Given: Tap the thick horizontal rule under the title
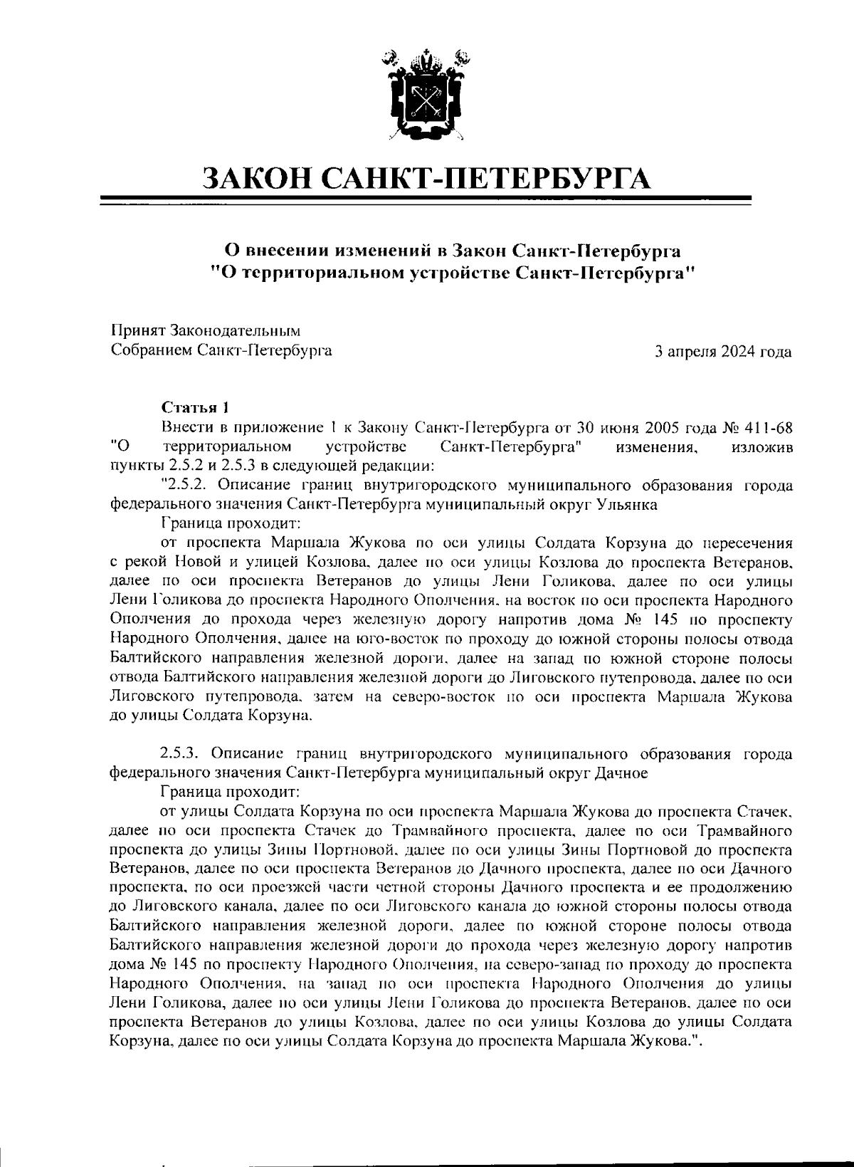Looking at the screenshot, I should click(427, 199).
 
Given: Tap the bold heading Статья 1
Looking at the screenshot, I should click(196, 408).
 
